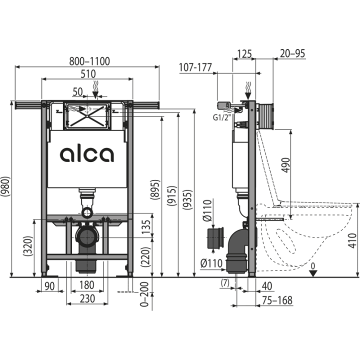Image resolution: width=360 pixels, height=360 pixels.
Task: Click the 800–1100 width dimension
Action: pos(89,61)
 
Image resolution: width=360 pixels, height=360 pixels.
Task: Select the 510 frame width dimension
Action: pos(88,74)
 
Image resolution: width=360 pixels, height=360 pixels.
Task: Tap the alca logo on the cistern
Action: pos(87,154)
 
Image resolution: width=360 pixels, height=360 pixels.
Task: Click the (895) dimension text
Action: pos(156,189)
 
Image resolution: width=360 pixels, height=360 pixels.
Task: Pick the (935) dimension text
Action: pos(187,199)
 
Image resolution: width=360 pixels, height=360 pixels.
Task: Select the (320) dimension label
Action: pos(28,246)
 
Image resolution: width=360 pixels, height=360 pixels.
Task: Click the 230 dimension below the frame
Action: pos(87,298)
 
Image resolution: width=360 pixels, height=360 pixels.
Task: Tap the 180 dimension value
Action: pos(87,285)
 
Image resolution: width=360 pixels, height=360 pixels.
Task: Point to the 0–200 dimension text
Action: pos(144,294)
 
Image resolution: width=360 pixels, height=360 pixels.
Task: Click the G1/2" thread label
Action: pos(221,117)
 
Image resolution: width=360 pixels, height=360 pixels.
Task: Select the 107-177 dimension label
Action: pos(195,67)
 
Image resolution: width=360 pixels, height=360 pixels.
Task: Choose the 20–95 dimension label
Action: pos(292,53)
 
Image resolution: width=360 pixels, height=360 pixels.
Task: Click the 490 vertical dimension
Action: pos(286,165)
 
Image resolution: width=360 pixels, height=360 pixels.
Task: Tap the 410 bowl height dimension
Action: pos(352,240)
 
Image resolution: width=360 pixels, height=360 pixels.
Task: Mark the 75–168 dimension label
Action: pos(277,300)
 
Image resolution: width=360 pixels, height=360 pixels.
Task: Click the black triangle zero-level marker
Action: pos(313,273)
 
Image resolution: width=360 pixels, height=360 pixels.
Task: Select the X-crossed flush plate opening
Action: pos(87,115)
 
